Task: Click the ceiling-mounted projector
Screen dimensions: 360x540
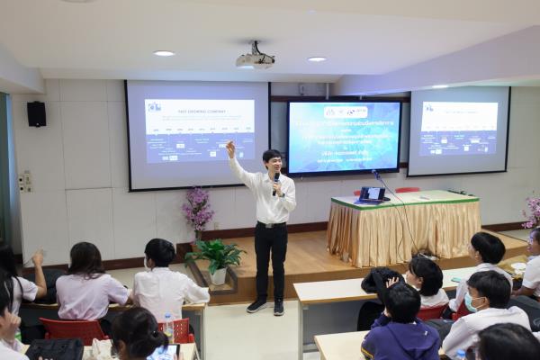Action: pos(255,59)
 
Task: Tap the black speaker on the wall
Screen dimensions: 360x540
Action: pos(36,113)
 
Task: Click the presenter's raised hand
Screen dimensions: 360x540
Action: pos(230,146)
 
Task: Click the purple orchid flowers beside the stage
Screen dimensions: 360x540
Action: pos(197,209)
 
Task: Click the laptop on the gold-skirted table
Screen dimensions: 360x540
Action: pos(372,194)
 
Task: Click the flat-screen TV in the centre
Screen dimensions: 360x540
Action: pos(343,137)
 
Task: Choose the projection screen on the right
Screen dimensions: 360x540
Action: pos(458,130)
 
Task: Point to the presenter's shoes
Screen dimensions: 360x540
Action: pos(267,306)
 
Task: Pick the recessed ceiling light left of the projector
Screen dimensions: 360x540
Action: pos(164,53)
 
